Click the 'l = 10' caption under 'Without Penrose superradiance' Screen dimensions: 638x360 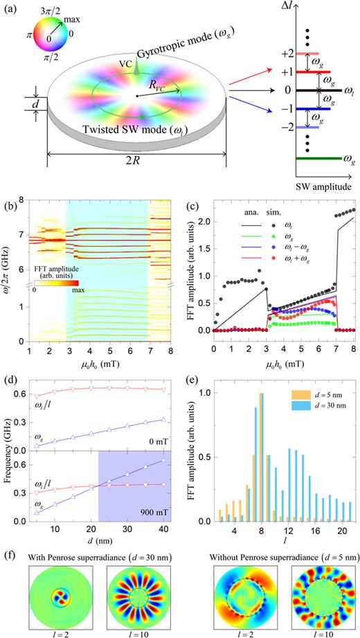click(317, 632)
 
